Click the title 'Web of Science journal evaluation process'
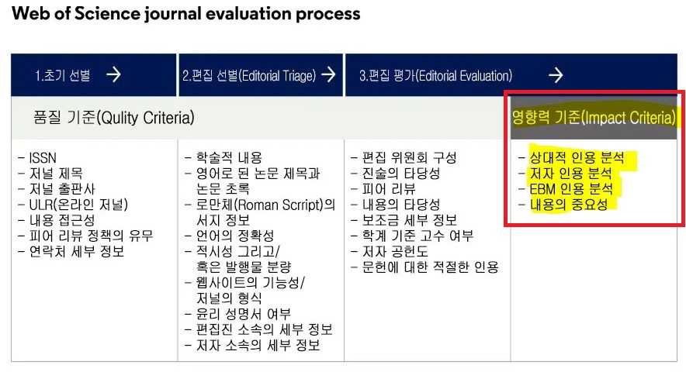pos(186,13)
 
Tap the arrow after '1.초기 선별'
pos(113,74)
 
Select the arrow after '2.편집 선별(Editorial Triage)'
pos(328,74)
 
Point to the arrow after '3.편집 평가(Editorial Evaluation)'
pos(556,75)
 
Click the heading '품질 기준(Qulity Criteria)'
pos(114,118)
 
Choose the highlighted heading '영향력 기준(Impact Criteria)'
pos(594,118)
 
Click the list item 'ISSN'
pos(43,158)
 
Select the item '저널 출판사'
pos(62,189)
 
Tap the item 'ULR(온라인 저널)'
pos(78,205)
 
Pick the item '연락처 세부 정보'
pos(77,251)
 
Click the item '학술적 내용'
pos(229,158)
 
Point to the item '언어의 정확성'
pos(235,236)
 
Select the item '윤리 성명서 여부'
pos(243,314)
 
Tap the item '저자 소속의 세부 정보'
pos(258,345)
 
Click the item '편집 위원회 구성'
pos(410,158)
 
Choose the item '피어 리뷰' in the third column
pos(389,189)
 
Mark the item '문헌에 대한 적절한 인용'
pos(431,267)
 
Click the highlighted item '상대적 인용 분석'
pos(577,158)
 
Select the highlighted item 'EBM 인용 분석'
pos(571,189)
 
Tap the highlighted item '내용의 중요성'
pos(569,205)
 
